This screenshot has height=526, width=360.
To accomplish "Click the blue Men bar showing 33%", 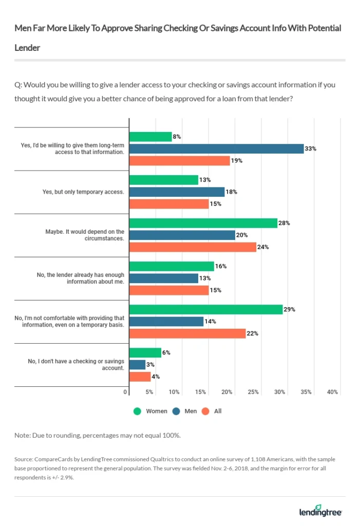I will pyautogui.click(x=216, y=148).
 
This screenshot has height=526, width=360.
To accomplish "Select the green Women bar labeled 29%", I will pyautogui.click(x=205, y=309).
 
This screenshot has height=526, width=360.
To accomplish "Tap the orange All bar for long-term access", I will pyautogui.click(x=179, y=160).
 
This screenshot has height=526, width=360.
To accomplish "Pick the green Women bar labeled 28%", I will pyautogui.click(x=203, y=223).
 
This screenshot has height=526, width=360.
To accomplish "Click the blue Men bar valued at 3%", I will pyautogui.click(x=137, y=364).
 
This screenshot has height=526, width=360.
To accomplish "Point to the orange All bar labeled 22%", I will pyautogui.click(x=187, y=333).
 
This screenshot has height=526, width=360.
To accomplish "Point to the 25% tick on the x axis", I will pyautogui.click(x=253, y=392).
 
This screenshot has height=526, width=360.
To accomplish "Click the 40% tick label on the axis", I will pyautogui.click(x=332, y=392).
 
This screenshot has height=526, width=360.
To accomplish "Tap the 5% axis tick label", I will pyautogui.click(x=149, y=392).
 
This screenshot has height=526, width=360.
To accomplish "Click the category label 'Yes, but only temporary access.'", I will pyautogui.click(x=83, y=192).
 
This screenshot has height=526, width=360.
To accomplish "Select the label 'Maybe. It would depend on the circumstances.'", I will pyautogui.click(x=84, y=235).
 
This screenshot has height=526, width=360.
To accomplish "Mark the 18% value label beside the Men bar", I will pyautogui.click(x=231, y=192).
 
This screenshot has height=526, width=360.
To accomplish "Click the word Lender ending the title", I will pyautogui.click(x=27, y=47).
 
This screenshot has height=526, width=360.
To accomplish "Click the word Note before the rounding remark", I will pyautogui.click(x=23, y=435).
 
